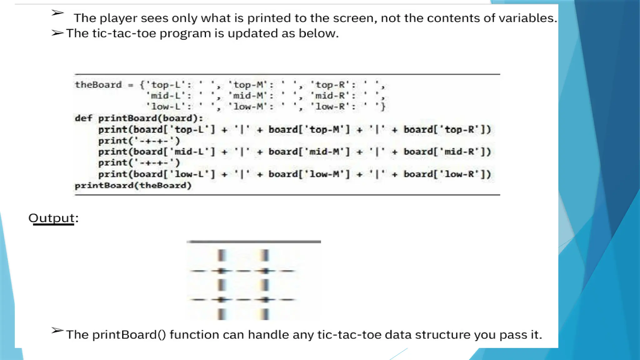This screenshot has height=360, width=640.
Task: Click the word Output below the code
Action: pyautogui.click(x=52, y=218)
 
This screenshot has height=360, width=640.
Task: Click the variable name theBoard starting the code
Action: pyautogui.click(x=98, y=85)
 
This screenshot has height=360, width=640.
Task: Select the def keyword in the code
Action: pyautogui.click(x=83, y=118)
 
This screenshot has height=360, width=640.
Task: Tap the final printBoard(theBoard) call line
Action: pyautogui.click(x=133, y=186)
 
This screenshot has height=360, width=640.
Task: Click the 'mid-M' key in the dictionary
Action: pyautogui.click(x=248, y=96)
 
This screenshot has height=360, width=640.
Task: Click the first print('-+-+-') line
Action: pyautogui.click(x=139, y=141)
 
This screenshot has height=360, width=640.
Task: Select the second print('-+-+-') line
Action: pyautogui.click(x=139, y=163)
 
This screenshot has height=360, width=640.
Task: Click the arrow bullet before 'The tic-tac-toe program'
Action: pyautogui.click(x=57, y=33)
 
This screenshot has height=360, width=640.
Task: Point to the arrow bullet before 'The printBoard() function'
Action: pyautogui.click(x=57, y=331)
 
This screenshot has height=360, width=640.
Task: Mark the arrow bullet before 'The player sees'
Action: pyautogui.click(x=57, y=13)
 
